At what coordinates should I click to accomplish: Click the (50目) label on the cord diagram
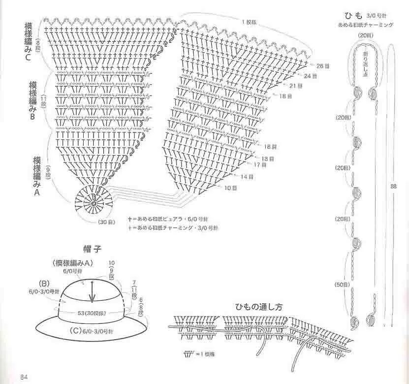click(341, 285)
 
